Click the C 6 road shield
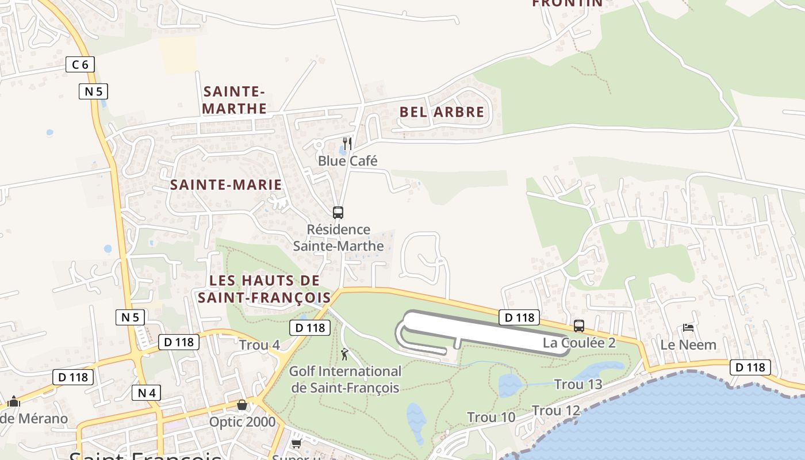point(80,64)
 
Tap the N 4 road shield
point(147,393)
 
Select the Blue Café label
point(348,161)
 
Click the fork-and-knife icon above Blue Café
point(347,143)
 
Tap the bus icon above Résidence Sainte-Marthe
point(338,213)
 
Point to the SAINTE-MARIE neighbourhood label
point(226,185)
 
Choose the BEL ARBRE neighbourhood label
point(442,112)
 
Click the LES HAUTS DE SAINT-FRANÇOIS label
point(264,289)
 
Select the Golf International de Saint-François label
point(345,379)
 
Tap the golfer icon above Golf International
point(344,354)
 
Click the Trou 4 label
point(259,345)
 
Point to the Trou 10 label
point(491,417)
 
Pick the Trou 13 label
point(578,385)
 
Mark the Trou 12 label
point(556,411)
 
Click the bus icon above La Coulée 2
point(579,326)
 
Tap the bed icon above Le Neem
point(688,328)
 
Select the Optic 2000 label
point(242,422)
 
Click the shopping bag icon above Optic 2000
point(242,405)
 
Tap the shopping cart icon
point(296,443)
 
